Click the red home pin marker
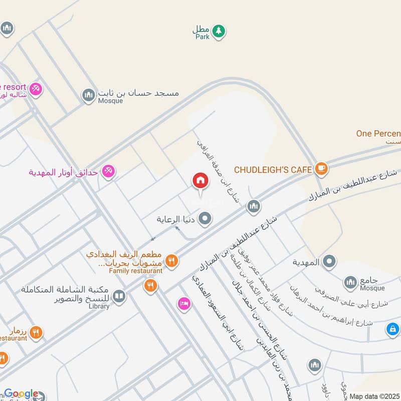(200, 181)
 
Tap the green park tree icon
(218, 32)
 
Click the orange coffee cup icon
(321, 169)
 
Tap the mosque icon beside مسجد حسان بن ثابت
(89, 95)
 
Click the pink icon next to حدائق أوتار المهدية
(108, 172)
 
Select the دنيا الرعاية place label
(175, 219)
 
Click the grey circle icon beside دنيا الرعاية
(205, 219)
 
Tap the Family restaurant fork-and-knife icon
(171, 260)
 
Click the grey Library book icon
(119, 297)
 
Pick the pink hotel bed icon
(184, 304)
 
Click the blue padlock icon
(393, 329)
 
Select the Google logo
(21, 394)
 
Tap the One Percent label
(378, 134)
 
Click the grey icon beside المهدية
(329, 261)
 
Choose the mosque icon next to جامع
(350, 284)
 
